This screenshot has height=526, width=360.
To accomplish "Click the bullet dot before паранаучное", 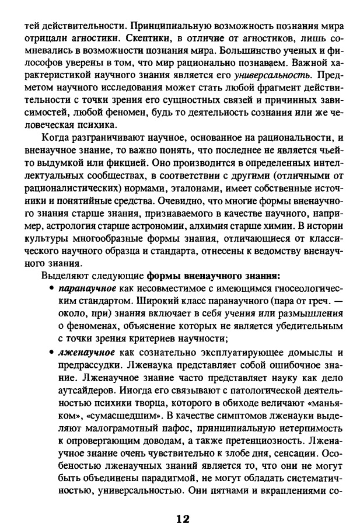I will [53, 289].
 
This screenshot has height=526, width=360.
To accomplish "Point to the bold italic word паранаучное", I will [85, 289].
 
